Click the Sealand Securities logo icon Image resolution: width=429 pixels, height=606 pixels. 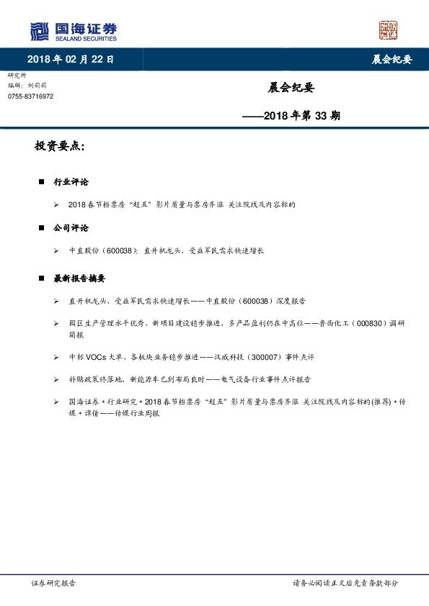point(40,31)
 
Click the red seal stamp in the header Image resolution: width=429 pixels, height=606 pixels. point(389,30)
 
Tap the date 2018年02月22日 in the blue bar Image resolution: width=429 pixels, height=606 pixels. point(70,59)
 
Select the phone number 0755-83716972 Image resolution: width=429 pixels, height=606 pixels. point(30,96)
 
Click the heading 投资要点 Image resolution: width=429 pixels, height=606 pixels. point(60,147)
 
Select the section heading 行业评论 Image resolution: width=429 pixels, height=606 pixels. point(71,182)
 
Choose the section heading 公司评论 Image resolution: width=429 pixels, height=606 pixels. point(71,228)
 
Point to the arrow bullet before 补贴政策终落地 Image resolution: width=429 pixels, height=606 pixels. point(56,379)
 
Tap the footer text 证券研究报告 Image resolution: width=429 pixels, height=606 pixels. point(54,584)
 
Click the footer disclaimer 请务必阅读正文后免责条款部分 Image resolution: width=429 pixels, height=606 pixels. point(345,584)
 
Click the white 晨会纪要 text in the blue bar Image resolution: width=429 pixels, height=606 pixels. point(391,59)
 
